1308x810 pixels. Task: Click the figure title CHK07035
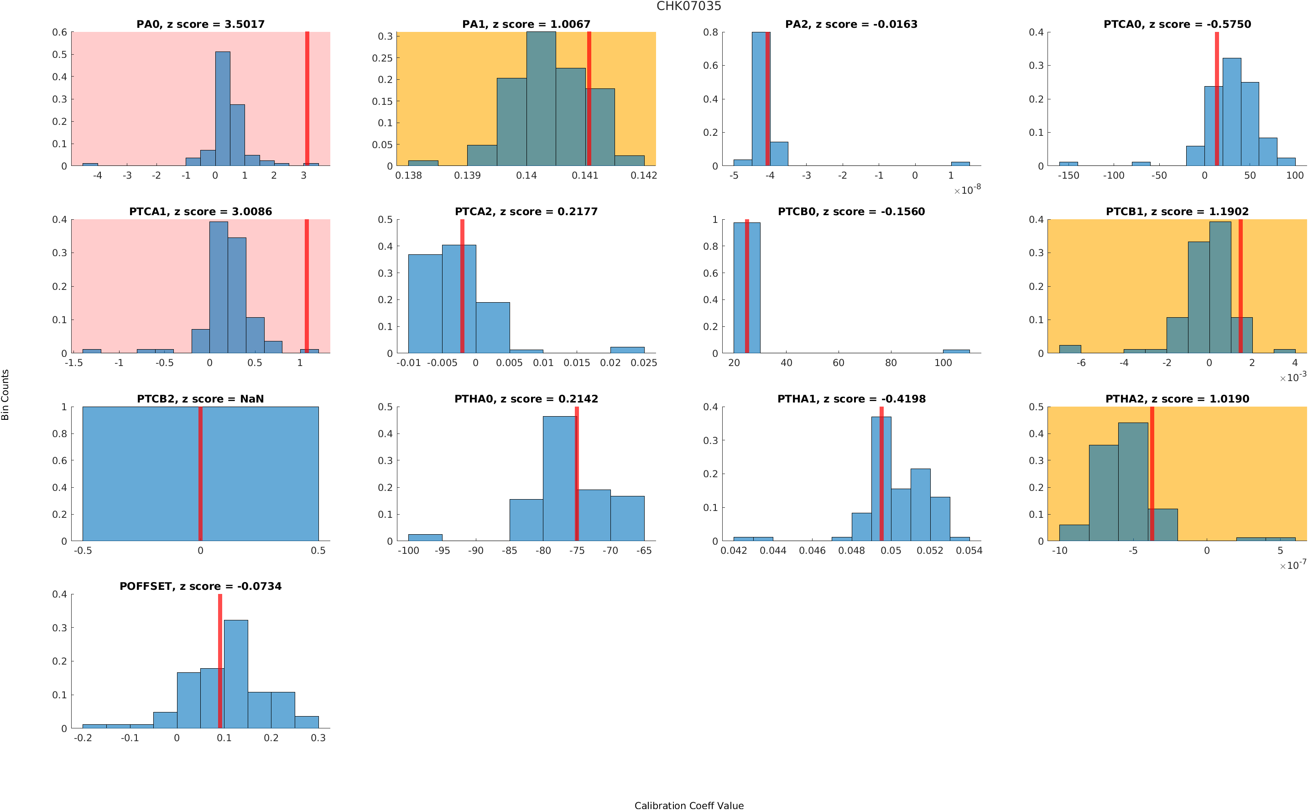pos(688,6)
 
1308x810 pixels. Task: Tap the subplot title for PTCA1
pos(200,212)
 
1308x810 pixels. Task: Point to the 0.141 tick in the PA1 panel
pos(585,175)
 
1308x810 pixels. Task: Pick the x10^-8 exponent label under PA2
pos(967,190)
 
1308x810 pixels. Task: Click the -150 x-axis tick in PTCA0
pos(1068,175)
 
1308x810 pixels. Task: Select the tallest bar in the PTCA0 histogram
pos(1231,112)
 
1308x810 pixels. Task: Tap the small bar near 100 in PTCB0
pos(956,351)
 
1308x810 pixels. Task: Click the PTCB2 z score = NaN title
pos(200,399)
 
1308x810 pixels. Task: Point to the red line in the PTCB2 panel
pos(200,474)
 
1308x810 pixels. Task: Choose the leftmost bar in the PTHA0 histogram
pos(425,537)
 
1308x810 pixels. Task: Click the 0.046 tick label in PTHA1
pos(812,551)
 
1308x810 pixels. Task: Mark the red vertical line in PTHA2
pos(1152,474)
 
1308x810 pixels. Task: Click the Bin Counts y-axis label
pos(5,395)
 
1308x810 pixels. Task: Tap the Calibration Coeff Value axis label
pos(688,805)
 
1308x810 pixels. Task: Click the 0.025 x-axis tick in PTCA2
pos(643,363)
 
